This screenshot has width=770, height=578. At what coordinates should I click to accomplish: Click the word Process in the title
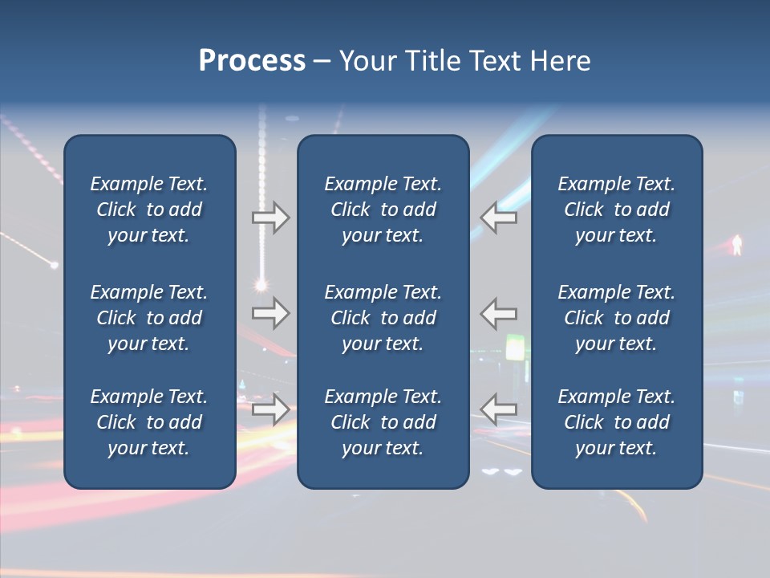click(x=252, y=61)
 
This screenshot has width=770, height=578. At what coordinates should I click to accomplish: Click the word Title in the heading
click(x=431, y=61)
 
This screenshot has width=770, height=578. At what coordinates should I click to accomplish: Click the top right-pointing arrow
click(x=271, y=218)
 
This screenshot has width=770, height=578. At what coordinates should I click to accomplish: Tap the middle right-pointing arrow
click(x=271, y=313)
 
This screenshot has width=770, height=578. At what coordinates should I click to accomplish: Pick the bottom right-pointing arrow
click(x=271, y=409)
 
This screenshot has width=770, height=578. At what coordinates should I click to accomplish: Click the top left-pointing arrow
click(x=499, y=218)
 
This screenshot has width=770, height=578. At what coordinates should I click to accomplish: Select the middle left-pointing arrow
click(x=499, y=313)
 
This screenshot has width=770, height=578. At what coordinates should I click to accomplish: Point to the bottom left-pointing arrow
click(x=499, y=409)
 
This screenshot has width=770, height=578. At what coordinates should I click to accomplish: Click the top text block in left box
click(x=149, y=210)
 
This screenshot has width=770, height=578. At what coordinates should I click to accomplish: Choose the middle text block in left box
click(x=149, y=318)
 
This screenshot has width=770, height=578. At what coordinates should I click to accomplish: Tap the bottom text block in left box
click(x=149, y=422)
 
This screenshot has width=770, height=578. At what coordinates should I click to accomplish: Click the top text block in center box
click(x=383, y=210)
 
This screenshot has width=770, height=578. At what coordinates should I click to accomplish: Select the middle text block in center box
click(x=383, y=318)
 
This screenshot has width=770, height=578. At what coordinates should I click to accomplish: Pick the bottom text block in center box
click(x=383, y=422)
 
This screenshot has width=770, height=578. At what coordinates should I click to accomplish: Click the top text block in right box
click(x=616, y=210)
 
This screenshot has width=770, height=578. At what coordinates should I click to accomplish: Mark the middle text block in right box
click(x=616, y=318)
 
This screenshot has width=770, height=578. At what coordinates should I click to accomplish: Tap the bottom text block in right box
click(x=616, y=422)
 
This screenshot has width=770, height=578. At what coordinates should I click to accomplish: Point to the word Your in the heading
click(x=369, y=61)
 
